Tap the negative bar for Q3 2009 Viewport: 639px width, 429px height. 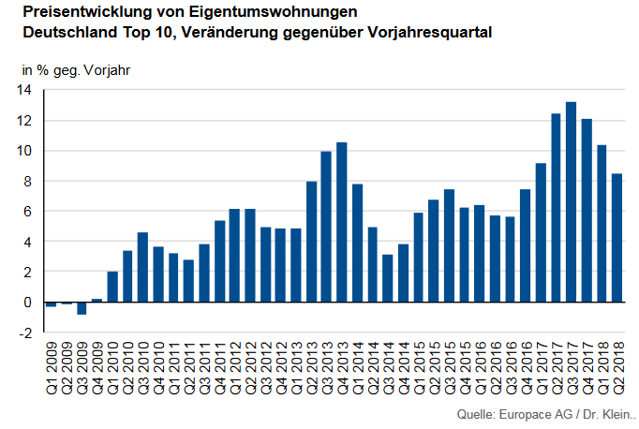tap(82, 308)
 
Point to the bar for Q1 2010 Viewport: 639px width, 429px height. tap(112, 287)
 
